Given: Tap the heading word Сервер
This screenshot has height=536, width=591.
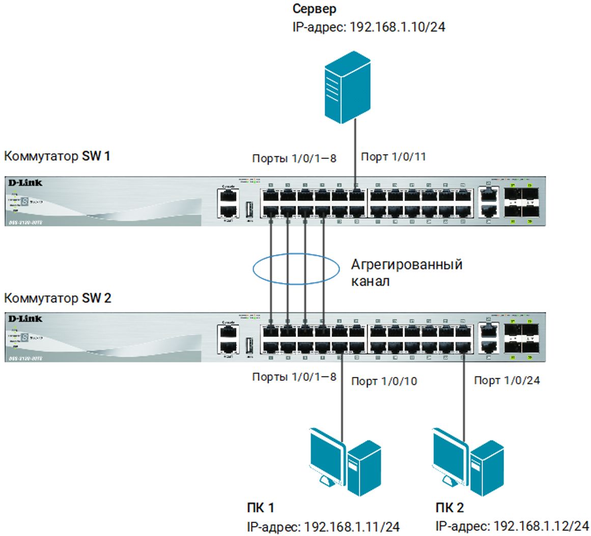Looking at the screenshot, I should click(x=315, y=9).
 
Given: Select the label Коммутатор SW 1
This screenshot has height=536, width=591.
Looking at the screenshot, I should click(x=57, y=156).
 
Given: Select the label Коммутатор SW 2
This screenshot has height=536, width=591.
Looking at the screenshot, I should click(x=58, y=298).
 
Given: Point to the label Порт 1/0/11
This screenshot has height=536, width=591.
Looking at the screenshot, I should click(x=393, y=157).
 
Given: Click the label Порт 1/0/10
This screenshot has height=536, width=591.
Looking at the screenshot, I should click(x=384, y=381).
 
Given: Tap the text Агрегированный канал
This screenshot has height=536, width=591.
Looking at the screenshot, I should click(x=406, y=272).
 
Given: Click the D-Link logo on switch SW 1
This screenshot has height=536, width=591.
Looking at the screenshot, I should click(x=25, y=182).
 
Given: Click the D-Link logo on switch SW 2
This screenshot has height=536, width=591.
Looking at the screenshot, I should click(x=25, y=319).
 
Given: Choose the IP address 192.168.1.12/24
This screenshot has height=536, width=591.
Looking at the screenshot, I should click(x=512, y=525).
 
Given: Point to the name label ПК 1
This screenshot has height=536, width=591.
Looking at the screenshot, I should click(x=260, y=507).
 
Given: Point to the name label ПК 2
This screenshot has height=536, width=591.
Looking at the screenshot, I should click(x=449, y=507).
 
